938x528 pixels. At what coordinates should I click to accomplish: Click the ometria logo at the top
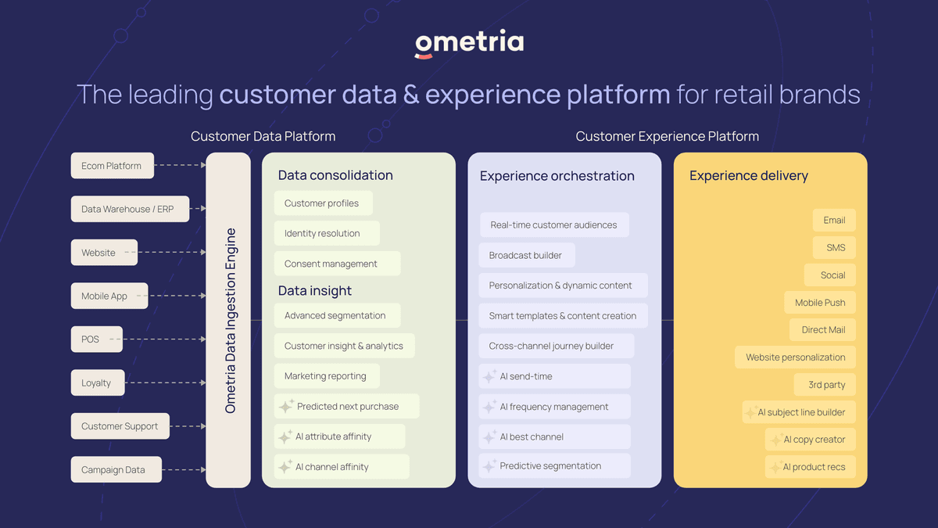click(x=469, y=43)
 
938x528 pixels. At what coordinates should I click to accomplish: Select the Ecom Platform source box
click(x=113, y=166)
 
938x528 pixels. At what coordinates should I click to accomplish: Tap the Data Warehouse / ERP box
click(x=130, y=209)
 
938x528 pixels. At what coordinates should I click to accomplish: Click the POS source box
click(x=97, y=339)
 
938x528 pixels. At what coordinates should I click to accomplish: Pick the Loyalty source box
click(x=98, y=383)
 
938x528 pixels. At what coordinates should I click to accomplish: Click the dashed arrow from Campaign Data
click(x=184, y=470)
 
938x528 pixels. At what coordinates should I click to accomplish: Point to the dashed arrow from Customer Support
click(x=188, y=426)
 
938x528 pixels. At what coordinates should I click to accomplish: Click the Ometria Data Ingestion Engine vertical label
click(x=231, y=321)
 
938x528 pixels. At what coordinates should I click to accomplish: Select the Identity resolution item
click(x=327, y=233)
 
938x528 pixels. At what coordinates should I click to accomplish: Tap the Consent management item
click(x=338, y=264)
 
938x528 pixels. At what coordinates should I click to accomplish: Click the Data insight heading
click(x=315, y=290)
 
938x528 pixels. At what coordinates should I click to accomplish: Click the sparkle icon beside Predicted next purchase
click(x=286, y=406)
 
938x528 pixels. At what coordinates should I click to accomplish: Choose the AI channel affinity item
click(x=342, y=466)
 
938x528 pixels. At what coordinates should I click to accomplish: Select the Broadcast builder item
click(x=527, y=255)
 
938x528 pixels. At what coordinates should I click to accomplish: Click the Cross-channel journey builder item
click(x=556, y=346)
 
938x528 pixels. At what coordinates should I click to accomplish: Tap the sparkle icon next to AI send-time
click(x=489, y=376)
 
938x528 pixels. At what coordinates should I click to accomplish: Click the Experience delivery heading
click(x=749, y=175)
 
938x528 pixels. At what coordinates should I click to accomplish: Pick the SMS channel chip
click(x=834, y=248)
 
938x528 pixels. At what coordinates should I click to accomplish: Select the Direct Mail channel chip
click(x=822, y=330)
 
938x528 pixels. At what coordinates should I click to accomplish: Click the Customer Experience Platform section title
click(x=667, y=136)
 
